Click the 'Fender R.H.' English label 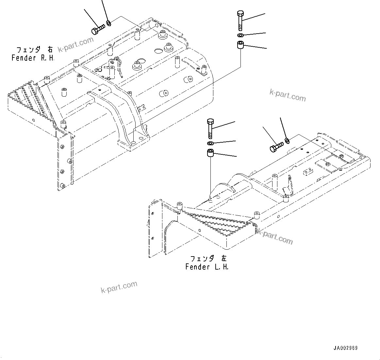click(33, 58)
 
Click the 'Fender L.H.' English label click(207, 267)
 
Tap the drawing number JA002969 click(345, 348)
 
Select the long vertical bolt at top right click(240, 21)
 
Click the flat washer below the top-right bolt click(240, 35)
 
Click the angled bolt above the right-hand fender click(97, 30)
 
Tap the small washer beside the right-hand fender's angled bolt click(108, 23)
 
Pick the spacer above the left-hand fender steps click(210, 153)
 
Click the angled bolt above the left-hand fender click(277, 147)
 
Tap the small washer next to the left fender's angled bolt click(287, 140)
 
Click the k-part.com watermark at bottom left click(119, 287)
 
